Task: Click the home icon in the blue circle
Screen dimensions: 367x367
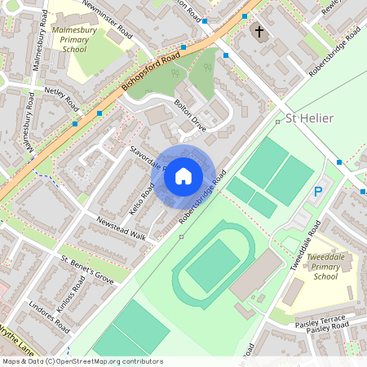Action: tap(183, 175)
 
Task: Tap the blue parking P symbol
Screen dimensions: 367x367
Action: tap(319, 192)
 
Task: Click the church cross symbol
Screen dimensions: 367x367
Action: tap(259, 33)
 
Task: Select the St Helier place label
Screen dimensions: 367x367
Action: tap(311, 120)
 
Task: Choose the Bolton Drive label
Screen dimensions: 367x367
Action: tap(191, 113)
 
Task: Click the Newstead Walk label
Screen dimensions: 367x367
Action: tap(121, 228)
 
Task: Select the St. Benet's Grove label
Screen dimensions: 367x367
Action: tap(87, 268)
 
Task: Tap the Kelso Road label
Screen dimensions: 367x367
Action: tap(143, 201)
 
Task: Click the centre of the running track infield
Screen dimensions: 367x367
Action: tap(213, 265)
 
